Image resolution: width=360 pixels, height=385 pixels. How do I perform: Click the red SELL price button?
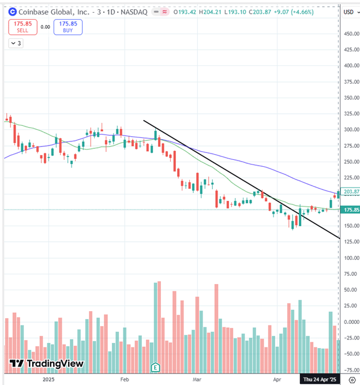tap(22, 27)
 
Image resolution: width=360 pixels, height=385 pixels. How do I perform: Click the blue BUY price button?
tap(68, 27)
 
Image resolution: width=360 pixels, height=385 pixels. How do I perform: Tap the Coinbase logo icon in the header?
tap(12, 12)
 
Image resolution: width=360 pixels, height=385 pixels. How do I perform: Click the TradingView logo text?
tap(47, 364)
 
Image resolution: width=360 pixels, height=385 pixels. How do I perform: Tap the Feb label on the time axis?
tap(124, 380)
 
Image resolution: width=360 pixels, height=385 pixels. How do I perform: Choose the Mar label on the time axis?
tap(197, 380)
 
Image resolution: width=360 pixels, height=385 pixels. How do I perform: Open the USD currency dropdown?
tap(350, 12)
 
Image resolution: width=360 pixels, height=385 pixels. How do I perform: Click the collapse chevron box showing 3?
tap(16, 43)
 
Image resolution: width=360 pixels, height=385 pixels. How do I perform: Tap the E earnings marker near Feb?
tap(155, 367)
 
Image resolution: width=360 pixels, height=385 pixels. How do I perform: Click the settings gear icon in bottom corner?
tap(351, 379)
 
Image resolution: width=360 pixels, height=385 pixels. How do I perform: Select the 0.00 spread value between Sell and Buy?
tap(45, 27)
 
